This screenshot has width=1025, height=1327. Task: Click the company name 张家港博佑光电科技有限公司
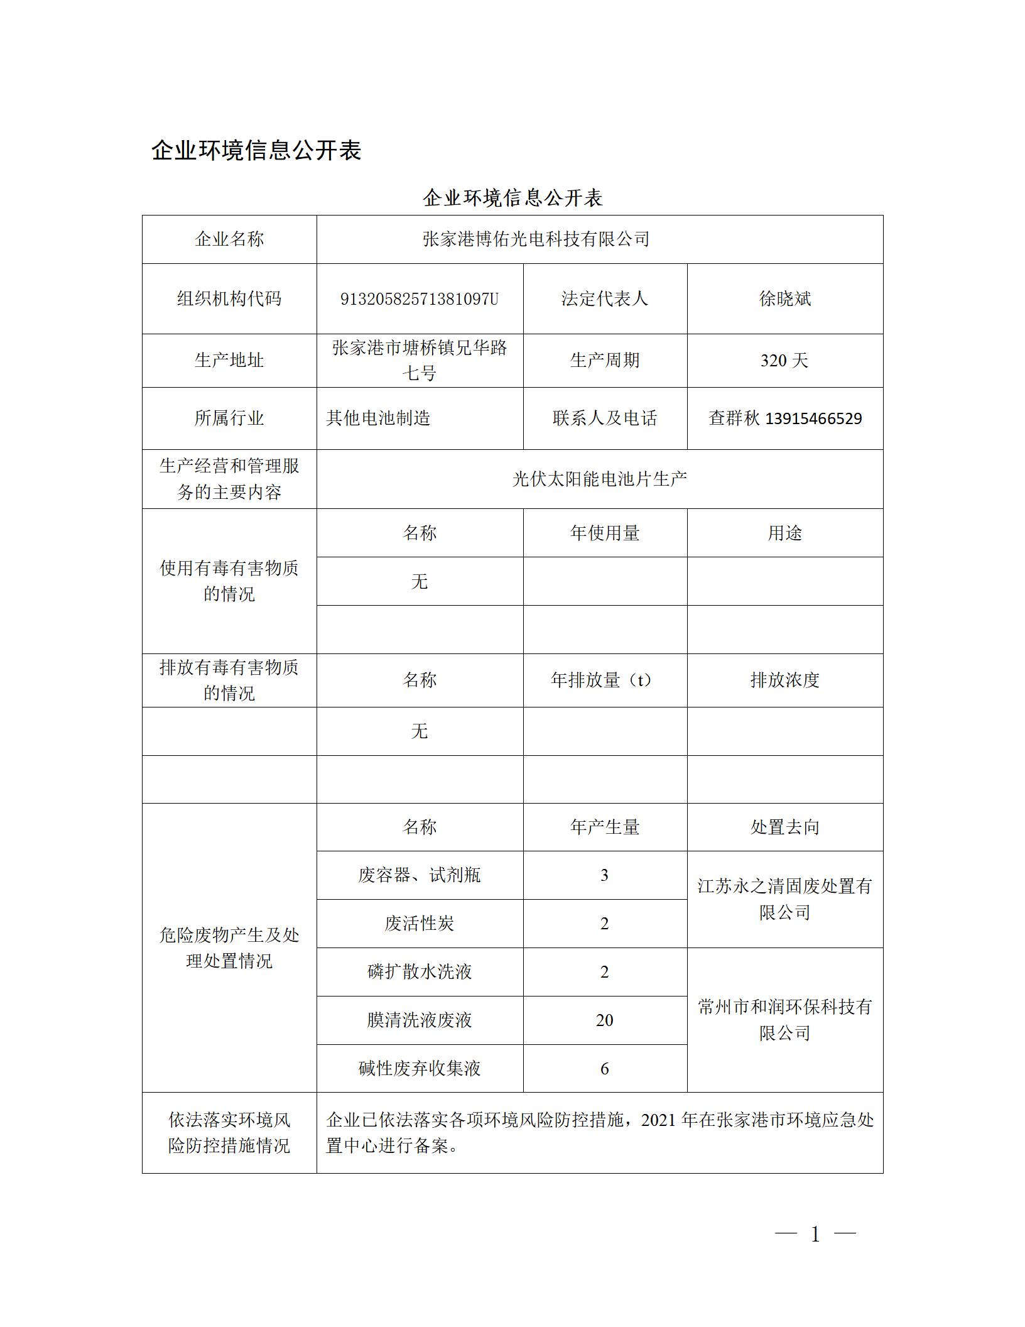tap(536, 239)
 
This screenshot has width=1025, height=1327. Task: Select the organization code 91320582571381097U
tap(419, 298)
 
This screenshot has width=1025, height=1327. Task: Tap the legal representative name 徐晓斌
tap(784, 298)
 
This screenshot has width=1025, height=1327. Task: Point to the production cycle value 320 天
tap(784, 361)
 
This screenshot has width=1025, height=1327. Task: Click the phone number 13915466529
tap(813, 418)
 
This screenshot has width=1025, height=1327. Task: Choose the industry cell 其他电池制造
tap(378, 418)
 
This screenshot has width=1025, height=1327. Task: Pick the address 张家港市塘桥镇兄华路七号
tap(419, 360)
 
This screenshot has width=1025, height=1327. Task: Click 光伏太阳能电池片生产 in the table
tap(599, 479)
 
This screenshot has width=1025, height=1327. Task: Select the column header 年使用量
tap(604, 533)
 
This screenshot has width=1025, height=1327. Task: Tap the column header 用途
tap(784, 533)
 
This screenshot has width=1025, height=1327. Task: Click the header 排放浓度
tap(784, 680)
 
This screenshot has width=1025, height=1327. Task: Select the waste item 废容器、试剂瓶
tap(419, 875)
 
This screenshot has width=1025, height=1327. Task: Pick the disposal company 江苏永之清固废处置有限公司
tap(784, 899)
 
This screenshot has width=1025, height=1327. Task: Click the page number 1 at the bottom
tap(815, 1252)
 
